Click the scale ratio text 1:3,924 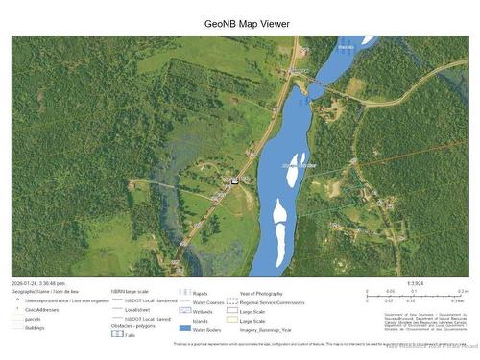[415, 283]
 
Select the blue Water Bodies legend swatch [184, 328]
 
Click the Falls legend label [130, 335]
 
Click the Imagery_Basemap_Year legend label [266, 328]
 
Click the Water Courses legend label [209, 301]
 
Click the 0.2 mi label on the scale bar [462, 291]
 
